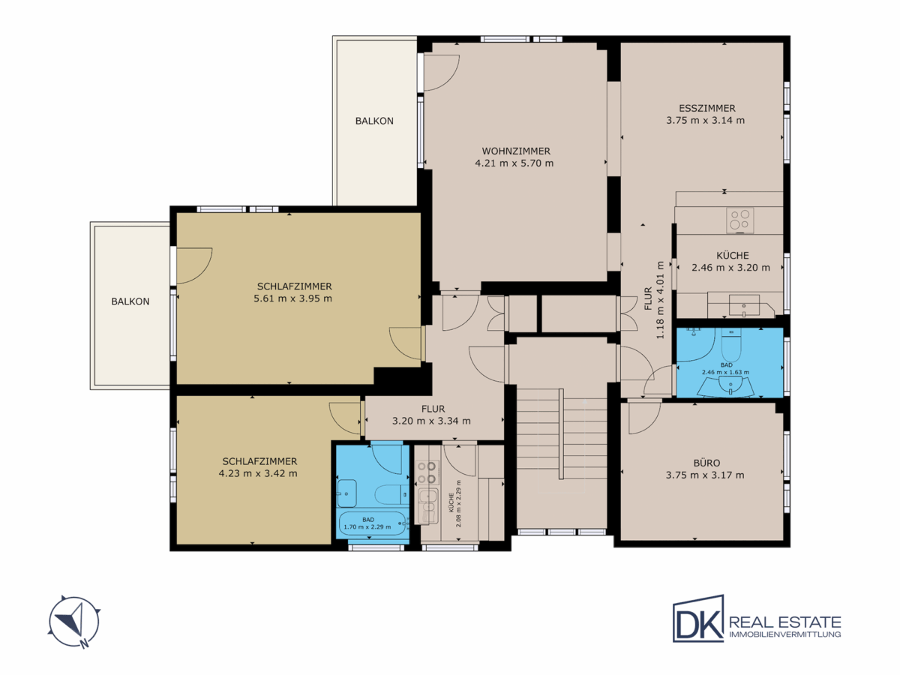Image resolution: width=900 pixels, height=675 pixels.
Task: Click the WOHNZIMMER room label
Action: pyautogui.click(x=516, y=151)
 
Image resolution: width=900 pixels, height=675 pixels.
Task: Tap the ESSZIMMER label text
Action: pyautogui.click(x=707, y=109)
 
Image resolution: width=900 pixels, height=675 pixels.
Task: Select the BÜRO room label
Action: pyautogui.click(x=706, y=463)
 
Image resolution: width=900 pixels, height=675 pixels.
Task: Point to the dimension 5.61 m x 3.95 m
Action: pyautogui.click(x=292, y=298)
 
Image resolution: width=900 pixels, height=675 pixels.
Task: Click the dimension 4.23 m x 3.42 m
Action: pyautogui.click(x=258, y=473)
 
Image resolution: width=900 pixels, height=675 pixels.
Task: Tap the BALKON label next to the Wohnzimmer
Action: pyautogui.click(x=374, y=121)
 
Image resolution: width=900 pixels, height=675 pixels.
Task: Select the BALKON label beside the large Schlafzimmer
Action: pyautogui.click(x=130, y=301)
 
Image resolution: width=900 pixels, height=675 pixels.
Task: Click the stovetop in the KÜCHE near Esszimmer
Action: pyautogui.click(x=740, y=220)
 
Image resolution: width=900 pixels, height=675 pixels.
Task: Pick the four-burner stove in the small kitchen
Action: pyautogui.click(x=427, y=472)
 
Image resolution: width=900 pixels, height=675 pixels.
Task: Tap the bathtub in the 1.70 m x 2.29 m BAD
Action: pyautogui.click(x=372, y=523)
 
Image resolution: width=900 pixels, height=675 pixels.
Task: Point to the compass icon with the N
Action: pyautogui.click(x=74, y=622)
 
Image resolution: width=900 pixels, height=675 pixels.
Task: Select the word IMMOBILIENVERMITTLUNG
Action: pyautogui.click(x=784, y=634)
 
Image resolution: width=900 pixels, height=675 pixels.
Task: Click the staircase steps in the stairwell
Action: pyautogui.click(x=561, y=433)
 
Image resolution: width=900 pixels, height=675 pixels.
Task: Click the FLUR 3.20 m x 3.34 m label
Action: pyautogui.click(x=431, y=415)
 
